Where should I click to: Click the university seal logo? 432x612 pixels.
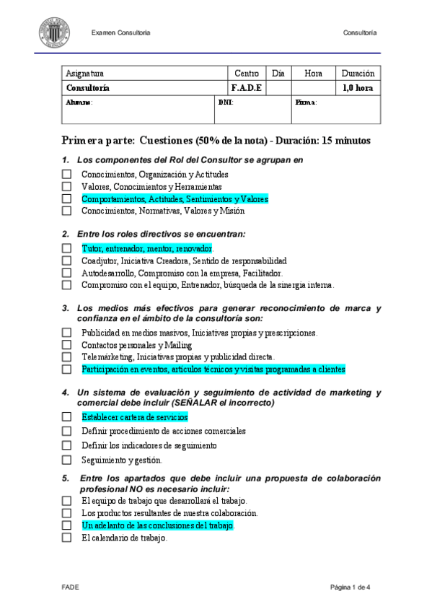click(54, 32)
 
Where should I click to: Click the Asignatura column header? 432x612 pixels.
click(84, 74)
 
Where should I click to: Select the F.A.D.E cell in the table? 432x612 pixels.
click(247, 88)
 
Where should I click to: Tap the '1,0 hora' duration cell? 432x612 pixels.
click(358, 88)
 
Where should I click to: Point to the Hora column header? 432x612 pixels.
click(313, 74)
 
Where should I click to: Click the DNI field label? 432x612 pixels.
click(225, 102)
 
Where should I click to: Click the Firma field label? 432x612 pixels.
click(306, 102)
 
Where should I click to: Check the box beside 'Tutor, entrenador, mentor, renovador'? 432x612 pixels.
click(66, 248)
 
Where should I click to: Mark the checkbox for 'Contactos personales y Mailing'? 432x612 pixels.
click(66, 345)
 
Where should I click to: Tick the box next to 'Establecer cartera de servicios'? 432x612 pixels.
click(66, 417)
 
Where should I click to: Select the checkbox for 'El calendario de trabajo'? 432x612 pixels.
click(66, 538)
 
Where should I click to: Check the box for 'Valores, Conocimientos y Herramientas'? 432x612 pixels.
click(66, 187)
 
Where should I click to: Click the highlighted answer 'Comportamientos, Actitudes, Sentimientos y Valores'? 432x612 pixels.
click(174, 199)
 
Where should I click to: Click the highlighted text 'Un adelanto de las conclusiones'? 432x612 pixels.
click(157, 525)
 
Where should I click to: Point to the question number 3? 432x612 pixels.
click(65, 309)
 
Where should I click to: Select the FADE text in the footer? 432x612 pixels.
click(69, 587)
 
